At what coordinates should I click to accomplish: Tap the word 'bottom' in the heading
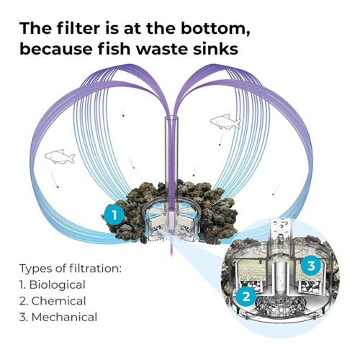[x=215, y=29]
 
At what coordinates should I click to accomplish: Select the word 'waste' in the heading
[x=158, y=49]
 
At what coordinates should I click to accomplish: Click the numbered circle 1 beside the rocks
[x=114, y=215]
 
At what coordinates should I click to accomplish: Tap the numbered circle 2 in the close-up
[x=246, y=297]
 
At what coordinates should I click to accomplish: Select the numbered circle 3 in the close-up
[x=311, y=266]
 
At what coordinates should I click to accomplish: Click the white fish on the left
[x=60, y=156]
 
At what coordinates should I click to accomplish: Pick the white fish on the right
[x=225, y=122]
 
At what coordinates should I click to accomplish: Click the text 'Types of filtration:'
[x=71, y=269]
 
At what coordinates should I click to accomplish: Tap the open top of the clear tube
[x=171, y=118]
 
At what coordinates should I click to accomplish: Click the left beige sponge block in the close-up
[x=251, y=271]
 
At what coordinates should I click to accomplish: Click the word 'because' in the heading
[x=56, y=49]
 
